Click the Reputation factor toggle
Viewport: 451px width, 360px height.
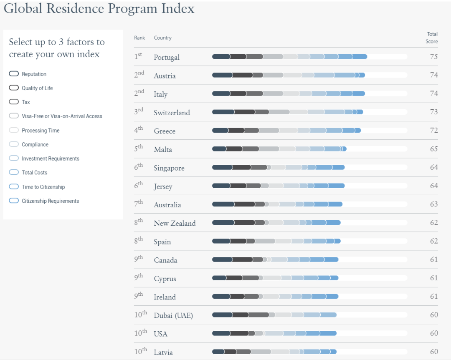14,74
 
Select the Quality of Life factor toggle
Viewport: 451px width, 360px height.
14,88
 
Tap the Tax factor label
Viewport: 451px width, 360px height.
26,102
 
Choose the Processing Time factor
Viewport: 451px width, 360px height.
41,131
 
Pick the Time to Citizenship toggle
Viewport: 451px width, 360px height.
14,187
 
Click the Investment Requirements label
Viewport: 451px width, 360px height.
51,159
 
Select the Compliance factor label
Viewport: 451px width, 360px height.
35,145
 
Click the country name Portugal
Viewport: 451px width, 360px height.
167,57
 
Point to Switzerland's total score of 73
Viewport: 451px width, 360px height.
434,112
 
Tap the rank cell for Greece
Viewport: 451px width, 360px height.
138,130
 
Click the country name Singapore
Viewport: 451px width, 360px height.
169,168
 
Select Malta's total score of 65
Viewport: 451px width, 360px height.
434,149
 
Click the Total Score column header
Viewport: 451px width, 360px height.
432,38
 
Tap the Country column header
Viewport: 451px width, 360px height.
162,38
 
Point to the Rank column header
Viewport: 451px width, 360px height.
139,38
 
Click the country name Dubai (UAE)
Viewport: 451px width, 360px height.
173,315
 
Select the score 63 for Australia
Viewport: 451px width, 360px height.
434,204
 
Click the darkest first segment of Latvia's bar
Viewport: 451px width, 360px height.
218,352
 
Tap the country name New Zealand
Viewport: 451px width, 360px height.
175,223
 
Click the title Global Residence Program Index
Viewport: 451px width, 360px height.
99,8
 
